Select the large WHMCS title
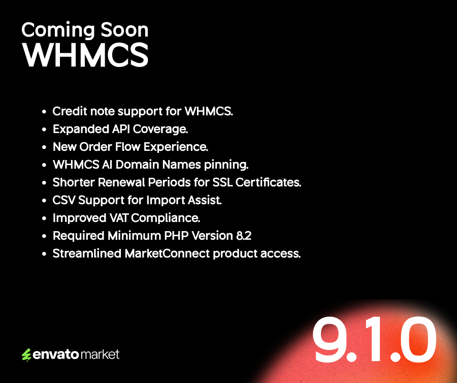click(x=85, y=55)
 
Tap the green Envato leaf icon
click(x=26, y=355)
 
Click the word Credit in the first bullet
click(x=69, y=111)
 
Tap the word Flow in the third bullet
click(x=129, y=147)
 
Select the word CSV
click(x=63, y=200)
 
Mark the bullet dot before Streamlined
click(x=44, y=254)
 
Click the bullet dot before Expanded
click(x=44, y=130)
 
